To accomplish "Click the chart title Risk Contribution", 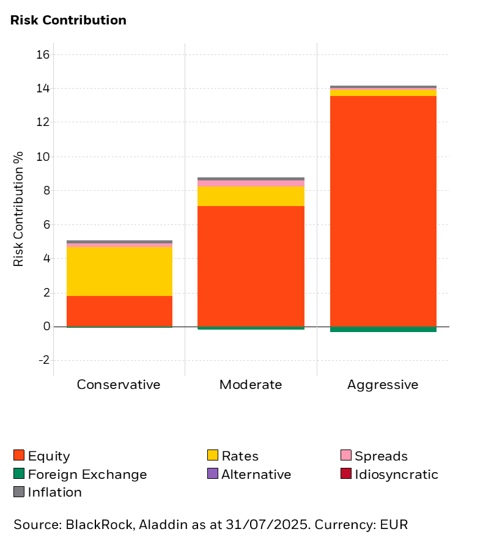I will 68,20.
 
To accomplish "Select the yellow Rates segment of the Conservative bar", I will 119,271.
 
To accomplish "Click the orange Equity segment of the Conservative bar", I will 119,311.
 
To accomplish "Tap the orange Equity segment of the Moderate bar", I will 251,266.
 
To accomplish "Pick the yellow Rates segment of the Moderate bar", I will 251,196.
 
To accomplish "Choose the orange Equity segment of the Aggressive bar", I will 383,211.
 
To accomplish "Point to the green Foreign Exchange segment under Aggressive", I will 383,329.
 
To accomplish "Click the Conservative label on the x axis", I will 119,385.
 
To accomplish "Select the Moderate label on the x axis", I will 251,385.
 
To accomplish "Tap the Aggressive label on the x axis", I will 383,385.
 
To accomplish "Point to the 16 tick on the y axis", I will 43,55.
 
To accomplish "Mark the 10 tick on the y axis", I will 43,157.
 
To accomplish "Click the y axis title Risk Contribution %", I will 19,208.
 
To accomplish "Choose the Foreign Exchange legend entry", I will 79,475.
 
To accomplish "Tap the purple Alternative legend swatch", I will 213,474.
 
